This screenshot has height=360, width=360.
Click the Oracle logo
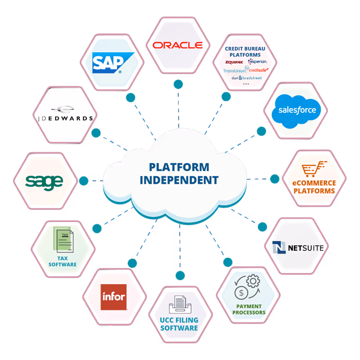coord(177,45)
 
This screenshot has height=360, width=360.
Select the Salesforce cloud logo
coord(297,110)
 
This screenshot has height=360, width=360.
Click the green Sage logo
coord(44,181)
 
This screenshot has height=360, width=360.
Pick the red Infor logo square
coord(114,297)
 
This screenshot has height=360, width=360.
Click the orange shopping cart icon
coord(312,169)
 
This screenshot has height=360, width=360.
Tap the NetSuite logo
coord(298,248)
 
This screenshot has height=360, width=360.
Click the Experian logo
coord(258,62)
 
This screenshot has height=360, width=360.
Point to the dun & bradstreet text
coord(246,77)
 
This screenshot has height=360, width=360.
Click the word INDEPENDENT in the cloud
coord(179,180)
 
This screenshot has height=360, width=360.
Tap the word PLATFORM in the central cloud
coord(179,167)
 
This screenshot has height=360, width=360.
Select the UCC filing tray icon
coord(180,305)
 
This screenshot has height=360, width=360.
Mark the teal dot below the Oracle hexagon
coord(178,84)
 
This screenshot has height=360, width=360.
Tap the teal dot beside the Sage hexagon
coord(84,181)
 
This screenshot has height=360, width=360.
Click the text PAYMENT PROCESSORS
coord(249,309)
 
